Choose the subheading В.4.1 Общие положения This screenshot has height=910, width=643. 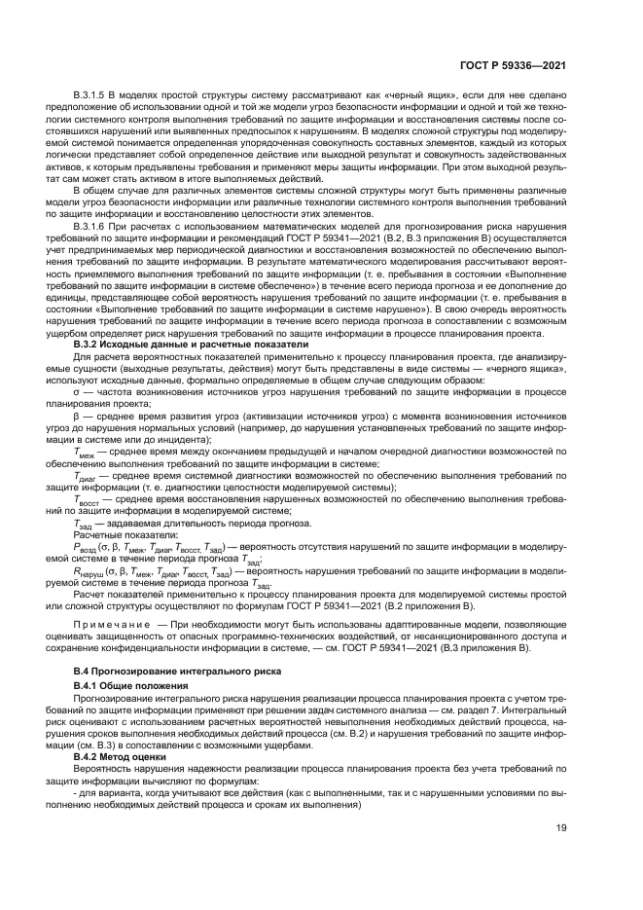pyautogui.click(x=132, y=687)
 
